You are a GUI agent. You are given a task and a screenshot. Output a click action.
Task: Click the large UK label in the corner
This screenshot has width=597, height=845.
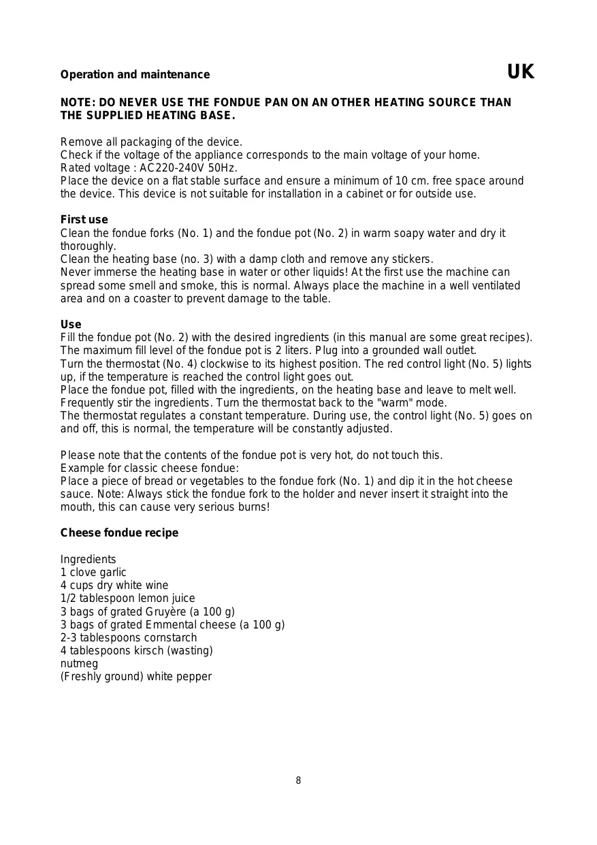(x=521, y=72)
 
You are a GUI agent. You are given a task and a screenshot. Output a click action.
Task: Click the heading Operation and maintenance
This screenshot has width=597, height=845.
(x=135, y=75)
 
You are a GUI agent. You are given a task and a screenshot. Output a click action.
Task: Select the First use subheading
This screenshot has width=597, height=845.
(x=84, y=220)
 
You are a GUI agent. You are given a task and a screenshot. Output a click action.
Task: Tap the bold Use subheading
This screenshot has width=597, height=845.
(x=71, y=325)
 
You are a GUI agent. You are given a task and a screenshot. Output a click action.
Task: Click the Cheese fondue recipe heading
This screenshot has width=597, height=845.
(x=119, y=533)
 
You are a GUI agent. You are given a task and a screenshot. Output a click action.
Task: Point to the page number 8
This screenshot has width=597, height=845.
(x=298, y=781)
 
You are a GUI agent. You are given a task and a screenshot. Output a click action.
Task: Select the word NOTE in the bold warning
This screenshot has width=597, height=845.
(x=76, y=103)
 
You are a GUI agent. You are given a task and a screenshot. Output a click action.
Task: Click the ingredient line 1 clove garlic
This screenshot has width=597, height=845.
(x=93, y=573)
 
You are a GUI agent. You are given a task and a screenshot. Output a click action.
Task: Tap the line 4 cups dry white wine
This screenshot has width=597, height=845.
(x=114, y=586)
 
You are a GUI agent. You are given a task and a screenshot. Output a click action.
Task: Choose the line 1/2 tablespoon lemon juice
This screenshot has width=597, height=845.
(x=127, y=599)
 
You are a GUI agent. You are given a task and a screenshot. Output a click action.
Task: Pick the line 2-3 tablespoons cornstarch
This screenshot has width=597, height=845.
(x=129, y=638)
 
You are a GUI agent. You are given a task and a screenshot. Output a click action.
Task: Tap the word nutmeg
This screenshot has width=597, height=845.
(x=79, y=664)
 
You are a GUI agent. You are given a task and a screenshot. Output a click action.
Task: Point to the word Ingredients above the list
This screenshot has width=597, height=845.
(x=88, y=560)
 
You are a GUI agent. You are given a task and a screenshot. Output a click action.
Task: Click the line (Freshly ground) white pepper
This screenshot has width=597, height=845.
(x=135, y=677)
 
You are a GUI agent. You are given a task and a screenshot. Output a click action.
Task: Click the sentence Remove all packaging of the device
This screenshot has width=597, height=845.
(x=151, y=142)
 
